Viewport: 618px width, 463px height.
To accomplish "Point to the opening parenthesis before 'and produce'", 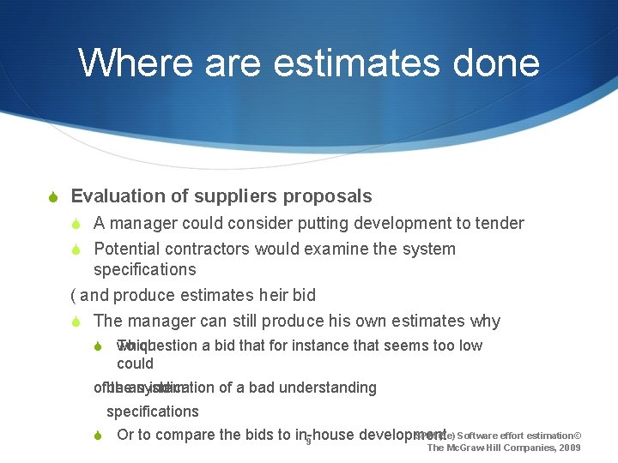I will tap(73, 296).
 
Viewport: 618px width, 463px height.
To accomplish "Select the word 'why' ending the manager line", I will tap(485, 322).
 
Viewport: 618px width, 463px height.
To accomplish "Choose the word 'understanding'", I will tap(330, 388).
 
